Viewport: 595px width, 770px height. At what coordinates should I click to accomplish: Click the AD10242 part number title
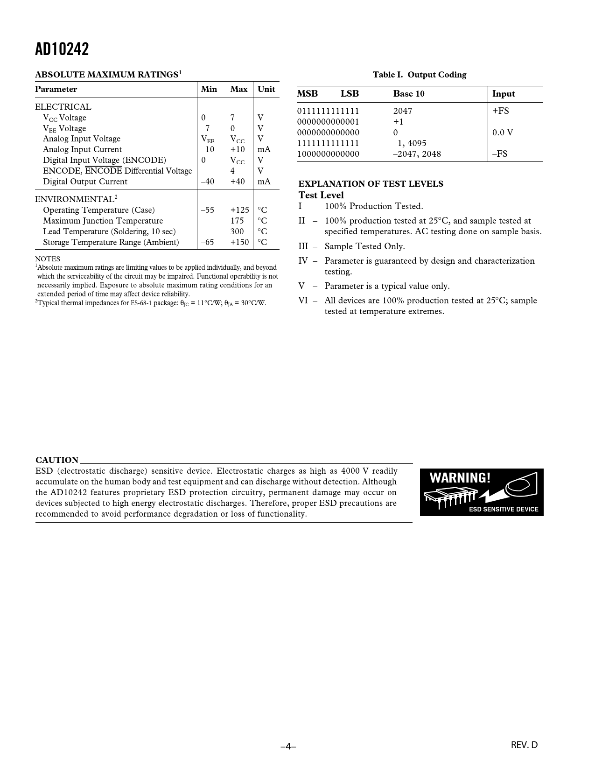62,49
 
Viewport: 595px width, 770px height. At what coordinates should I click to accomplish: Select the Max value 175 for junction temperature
237,221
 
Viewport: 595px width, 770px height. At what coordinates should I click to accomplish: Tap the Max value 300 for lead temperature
237,231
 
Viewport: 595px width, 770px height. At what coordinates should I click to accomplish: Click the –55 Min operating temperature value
208,210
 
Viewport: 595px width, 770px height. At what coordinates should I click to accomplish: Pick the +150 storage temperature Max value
239,242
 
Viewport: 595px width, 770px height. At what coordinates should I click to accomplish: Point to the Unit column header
266,89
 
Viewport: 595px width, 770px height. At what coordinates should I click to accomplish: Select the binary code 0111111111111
329,111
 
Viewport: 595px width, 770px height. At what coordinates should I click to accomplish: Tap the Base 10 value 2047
403,111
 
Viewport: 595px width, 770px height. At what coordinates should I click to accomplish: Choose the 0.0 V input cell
503,133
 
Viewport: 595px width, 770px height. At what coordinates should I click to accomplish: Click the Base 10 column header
409,94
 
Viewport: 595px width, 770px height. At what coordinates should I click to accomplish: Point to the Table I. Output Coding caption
420,75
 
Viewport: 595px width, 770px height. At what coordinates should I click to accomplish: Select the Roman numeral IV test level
303,261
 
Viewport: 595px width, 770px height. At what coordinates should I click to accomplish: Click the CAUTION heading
57,460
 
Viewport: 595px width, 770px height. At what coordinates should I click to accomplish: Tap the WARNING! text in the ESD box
460,478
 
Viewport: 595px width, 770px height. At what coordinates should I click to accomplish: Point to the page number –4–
288,746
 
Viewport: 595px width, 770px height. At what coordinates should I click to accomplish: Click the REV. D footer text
524,745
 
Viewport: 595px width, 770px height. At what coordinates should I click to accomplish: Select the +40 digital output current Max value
238,182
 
